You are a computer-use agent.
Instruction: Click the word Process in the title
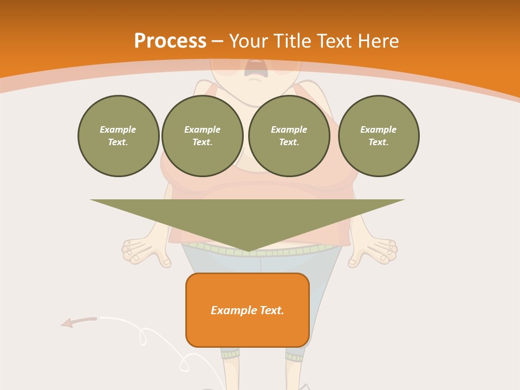[170, 41]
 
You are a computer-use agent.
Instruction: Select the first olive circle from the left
[118, 136]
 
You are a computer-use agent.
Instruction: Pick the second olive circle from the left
[203, 136]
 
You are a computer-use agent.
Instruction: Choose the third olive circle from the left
[289, 136]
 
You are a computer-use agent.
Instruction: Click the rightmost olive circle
[379, 136]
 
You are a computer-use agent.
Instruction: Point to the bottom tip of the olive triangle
[248, 251]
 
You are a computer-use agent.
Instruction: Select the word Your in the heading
[248, 41]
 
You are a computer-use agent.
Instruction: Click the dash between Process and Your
[218, 41]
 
